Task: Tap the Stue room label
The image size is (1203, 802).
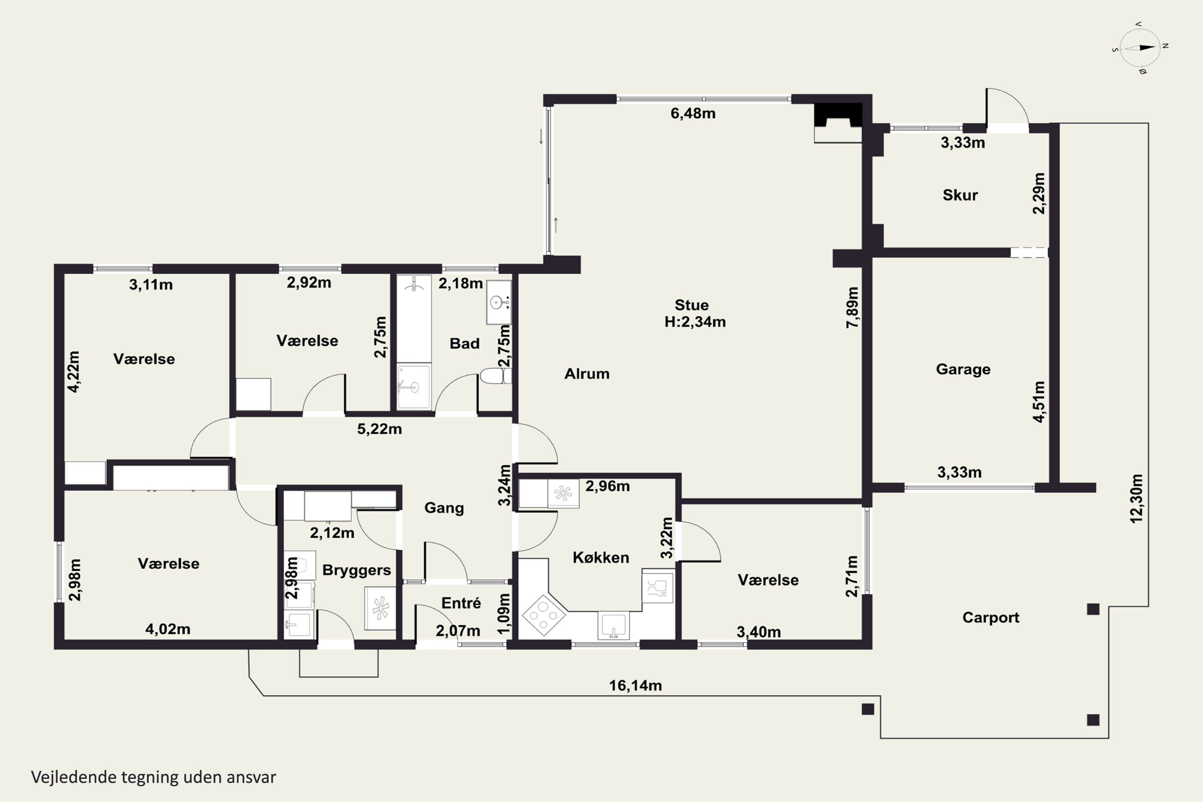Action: (691, 305)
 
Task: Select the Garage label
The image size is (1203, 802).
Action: (963, 369)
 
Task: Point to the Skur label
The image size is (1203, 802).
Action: (960, 195)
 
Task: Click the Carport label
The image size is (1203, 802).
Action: (991, 618)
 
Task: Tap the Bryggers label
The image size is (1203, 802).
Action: (356, 570)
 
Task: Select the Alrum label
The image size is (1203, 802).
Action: (587, 374)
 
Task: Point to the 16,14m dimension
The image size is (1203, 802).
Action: (635, 685)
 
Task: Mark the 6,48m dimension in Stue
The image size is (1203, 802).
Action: (693, 113)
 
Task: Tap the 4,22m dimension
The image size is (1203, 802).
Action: (74, 372)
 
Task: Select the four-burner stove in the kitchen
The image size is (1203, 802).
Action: (543, 615)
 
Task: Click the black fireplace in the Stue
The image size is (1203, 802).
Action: (838, 115)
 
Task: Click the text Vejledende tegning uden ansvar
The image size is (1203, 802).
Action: (154, 778)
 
